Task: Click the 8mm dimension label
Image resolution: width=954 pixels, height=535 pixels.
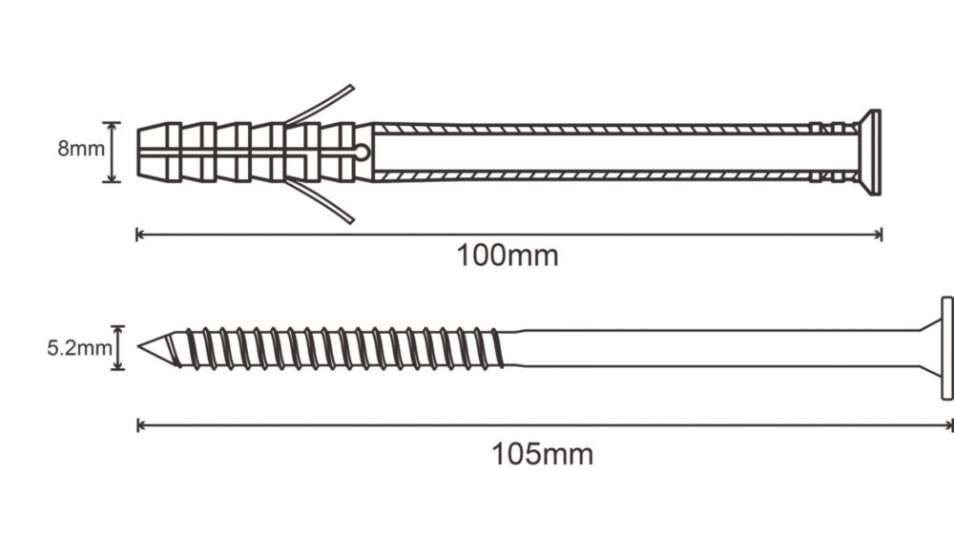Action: (x=81, y=149)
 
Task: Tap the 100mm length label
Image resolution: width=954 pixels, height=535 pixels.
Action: (x=508, y=256)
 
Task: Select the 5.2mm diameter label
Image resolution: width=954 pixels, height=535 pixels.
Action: (x=79, y=348)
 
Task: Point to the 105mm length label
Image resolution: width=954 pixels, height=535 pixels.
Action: (x=542, y=454)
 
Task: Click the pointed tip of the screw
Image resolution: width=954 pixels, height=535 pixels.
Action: (x=140, y=346)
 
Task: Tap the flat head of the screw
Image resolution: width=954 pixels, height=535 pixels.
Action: (x=946, y=348)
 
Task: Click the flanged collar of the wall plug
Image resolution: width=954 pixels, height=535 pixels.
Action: (x=874, y=153)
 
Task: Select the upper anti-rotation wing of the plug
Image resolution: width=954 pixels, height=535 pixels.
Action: (x=321, y=105)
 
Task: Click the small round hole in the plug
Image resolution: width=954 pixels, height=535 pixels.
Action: (x=362, y=152)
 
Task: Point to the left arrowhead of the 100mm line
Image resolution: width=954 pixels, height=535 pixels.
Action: (x=139, y=235)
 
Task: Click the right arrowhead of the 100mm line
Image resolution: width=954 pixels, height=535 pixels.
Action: (x=879, y=235)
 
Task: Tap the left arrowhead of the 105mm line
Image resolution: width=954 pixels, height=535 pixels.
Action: (x=140, y=425)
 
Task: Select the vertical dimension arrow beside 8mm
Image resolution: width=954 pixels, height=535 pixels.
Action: (x=112, y=152)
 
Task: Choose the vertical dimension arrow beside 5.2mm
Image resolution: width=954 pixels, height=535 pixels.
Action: (x=118, y=348)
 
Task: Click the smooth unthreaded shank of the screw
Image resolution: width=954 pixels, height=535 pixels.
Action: (x=718, y=348)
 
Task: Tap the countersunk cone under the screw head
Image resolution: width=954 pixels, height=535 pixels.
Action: (x=929, y=348)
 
